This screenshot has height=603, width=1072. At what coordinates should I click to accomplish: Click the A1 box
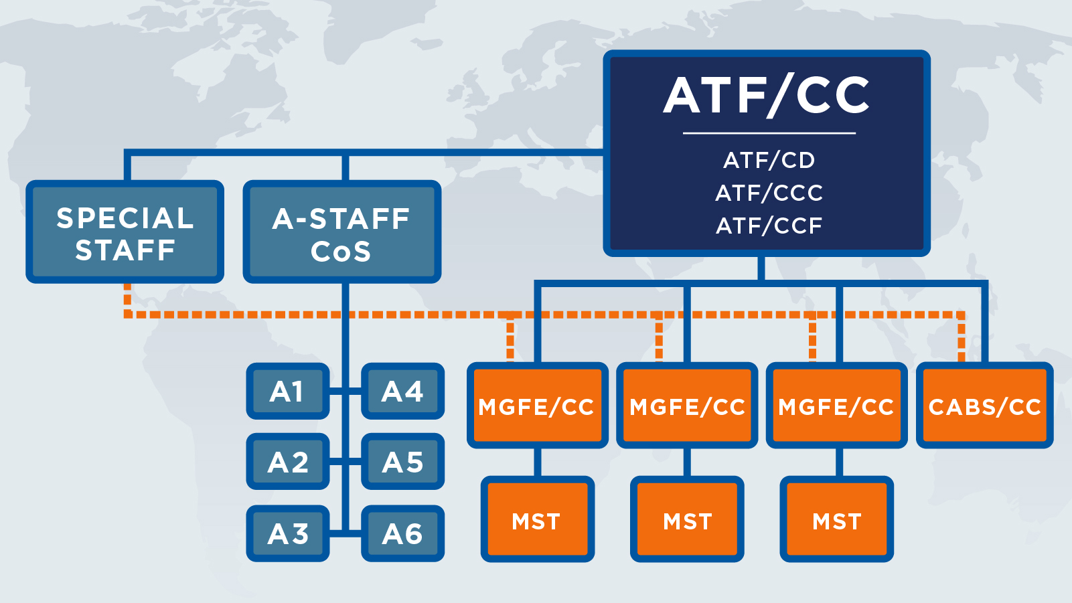287,392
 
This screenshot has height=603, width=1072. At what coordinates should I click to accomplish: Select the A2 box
287,462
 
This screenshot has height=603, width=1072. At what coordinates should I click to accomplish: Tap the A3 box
287,533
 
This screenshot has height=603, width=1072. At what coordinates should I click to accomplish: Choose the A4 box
402,392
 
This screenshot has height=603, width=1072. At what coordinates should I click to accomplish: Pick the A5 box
402,462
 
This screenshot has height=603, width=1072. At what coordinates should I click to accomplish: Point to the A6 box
402,533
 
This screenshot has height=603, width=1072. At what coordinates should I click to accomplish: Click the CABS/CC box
984,406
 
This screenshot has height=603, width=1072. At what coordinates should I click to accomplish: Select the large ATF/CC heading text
767,96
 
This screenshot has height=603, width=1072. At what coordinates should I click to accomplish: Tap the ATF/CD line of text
769,161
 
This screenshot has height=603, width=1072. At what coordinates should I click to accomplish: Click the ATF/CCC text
769,193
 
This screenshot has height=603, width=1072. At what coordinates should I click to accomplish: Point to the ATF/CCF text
769,226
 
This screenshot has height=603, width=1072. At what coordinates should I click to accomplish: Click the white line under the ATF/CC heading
769,133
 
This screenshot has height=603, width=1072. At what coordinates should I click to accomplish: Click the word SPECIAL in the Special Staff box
125,218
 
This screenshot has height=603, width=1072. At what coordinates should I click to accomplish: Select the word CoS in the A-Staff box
341,252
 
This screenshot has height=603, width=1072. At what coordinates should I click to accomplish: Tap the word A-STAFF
341,219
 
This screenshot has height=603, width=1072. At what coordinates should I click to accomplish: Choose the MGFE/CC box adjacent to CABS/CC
836,406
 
